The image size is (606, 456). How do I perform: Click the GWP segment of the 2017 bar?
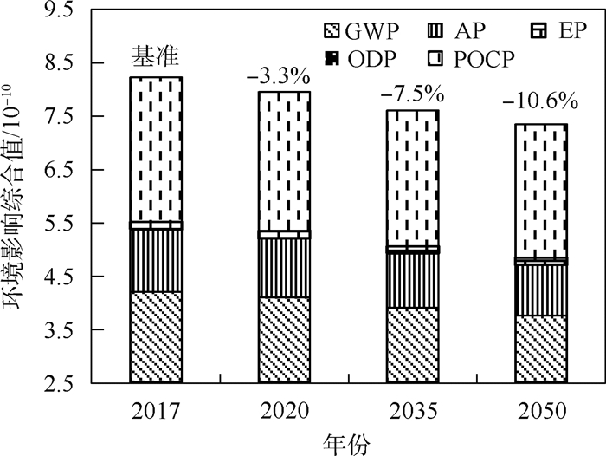pos(156,337)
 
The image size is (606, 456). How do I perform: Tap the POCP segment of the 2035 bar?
pos(412,178)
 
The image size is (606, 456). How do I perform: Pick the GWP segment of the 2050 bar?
pos(541,349)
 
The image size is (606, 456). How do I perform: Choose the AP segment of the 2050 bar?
pos(541,290)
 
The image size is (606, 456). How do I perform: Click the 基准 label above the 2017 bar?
pos(153,58)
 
